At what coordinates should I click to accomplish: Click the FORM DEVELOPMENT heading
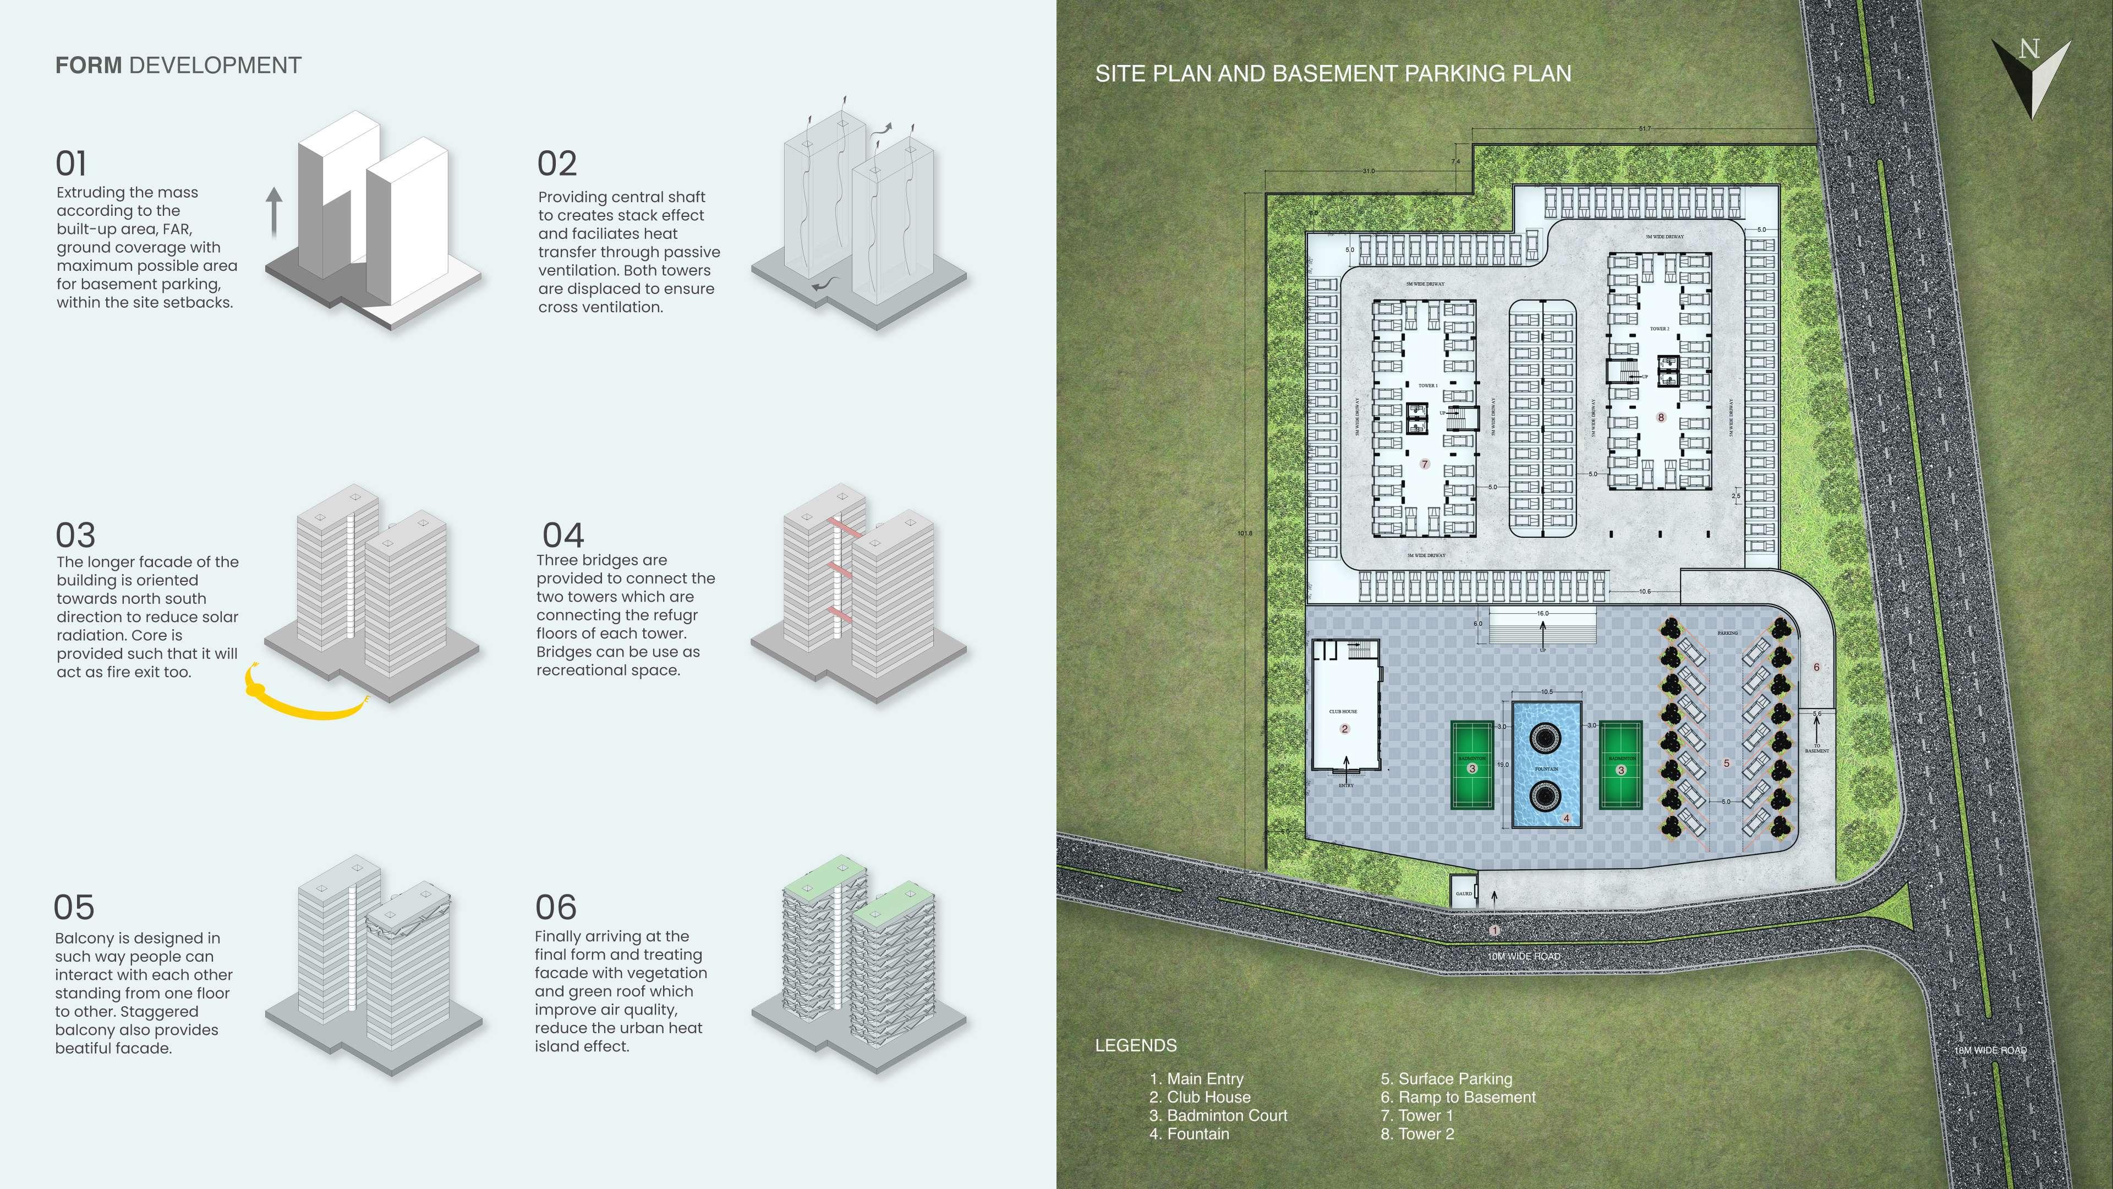(178, 66)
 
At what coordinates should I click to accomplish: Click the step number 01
(72, 163)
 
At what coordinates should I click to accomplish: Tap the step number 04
(563, 536)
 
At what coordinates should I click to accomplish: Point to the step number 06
(556, 908)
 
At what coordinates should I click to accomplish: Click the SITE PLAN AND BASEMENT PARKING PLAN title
(1333, 73)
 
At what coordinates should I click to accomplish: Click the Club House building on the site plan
(1345, 706)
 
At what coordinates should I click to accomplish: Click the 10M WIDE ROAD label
(1523, 957)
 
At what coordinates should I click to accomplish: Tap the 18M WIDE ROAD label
(1990, 1050)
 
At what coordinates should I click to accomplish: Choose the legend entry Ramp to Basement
(1458, 1097)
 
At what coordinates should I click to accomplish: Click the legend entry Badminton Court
(1218, 1115)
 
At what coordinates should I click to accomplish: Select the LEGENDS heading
(1136, 1045)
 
